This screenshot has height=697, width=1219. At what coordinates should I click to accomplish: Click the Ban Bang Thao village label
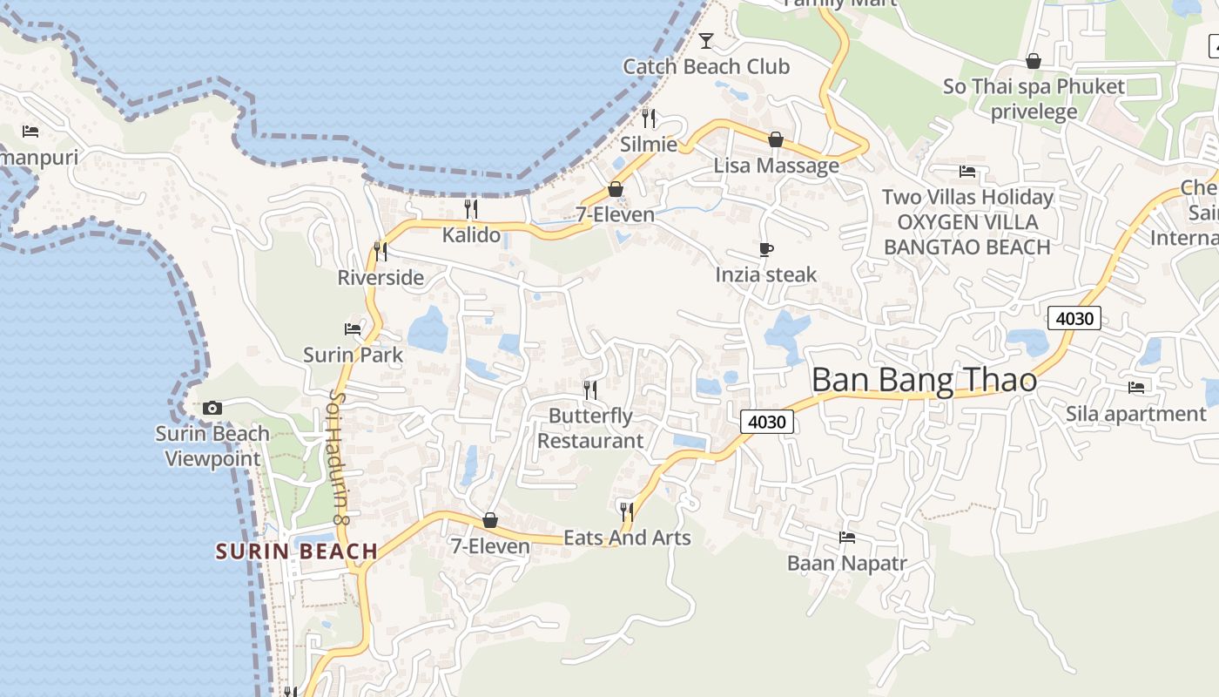click(924, 381)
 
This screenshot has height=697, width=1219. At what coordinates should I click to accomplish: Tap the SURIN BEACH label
click(297, 551)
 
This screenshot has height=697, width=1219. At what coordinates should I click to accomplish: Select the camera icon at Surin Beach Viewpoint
click(212, 408)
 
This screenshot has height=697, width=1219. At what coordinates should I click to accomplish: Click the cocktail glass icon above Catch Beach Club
click(706, 40)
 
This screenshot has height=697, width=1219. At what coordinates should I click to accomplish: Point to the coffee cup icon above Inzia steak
click(766, 250)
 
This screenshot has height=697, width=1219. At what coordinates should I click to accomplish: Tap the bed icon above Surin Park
click(353, 329)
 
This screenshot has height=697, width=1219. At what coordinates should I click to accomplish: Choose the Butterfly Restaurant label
click(590, 429)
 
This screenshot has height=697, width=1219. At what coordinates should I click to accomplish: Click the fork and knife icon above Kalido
click(471, 209)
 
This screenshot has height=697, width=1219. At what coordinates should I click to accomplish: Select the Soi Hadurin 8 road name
click(338, 456)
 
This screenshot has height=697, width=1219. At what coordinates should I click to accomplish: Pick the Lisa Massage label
click(777, 166)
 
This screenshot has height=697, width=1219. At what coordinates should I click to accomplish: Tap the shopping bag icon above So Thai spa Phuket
click(1034, 61)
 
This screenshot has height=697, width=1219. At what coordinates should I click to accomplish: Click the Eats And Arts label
click(627, 538)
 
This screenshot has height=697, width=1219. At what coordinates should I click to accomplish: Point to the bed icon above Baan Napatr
click(847, 538)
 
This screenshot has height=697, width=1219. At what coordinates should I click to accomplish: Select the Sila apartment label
click(1136, 414)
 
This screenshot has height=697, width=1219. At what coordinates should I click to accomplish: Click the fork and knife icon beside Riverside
click(381, 252)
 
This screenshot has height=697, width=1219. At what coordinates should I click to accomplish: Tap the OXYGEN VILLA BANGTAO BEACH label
click(967, 234)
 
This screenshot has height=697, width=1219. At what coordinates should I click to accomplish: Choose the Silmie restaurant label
click(649, 144)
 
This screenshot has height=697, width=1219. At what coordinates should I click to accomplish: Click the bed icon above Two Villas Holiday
click(967, 172)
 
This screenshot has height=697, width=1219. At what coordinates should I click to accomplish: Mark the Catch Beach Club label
click(706, 66)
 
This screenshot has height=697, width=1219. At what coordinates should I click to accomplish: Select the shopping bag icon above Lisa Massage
click(776, 139)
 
